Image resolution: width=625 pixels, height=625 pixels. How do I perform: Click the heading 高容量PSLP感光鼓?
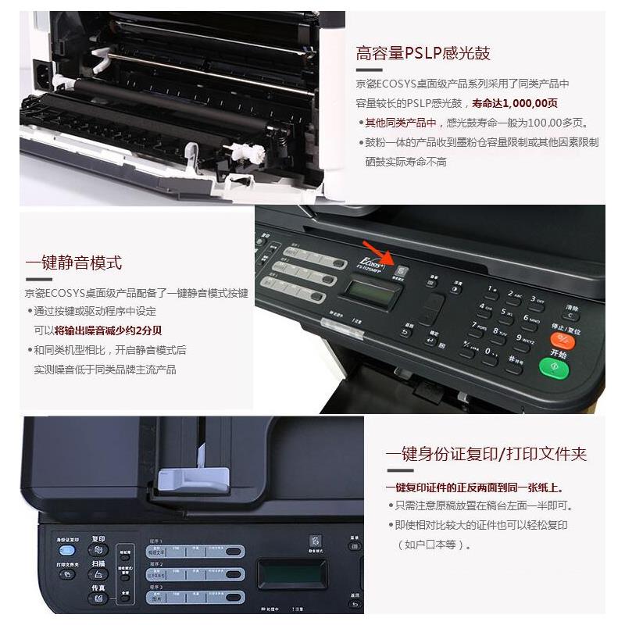(x=423, y=54)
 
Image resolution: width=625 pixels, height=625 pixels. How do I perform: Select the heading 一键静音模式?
(x=73, y=262)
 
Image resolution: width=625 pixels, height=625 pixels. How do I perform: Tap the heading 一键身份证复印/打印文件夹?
(x=486, y=454)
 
